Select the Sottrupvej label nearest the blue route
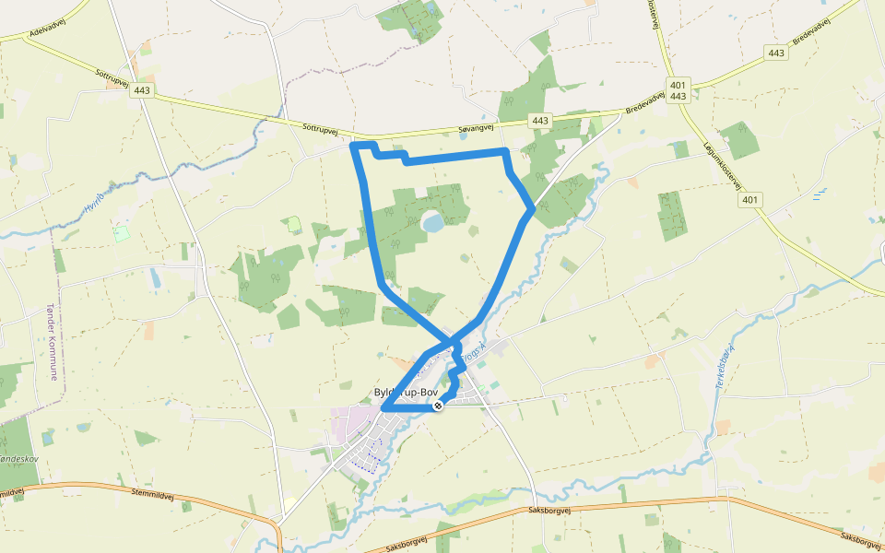[320, 125]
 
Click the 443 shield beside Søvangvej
[540, 121]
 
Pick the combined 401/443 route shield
[678, 89]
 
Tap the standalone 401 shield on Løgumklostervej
[750, 199]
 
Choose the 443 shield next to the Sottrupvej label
[142, 91]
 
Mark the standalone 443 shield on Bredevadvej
[775, 53]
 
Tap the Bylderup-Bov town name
[407, 394]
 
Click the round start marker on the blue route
[439, 405]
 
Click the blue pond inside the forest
[432, 222]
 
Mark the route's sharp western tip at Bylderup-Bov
[383, 408]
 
